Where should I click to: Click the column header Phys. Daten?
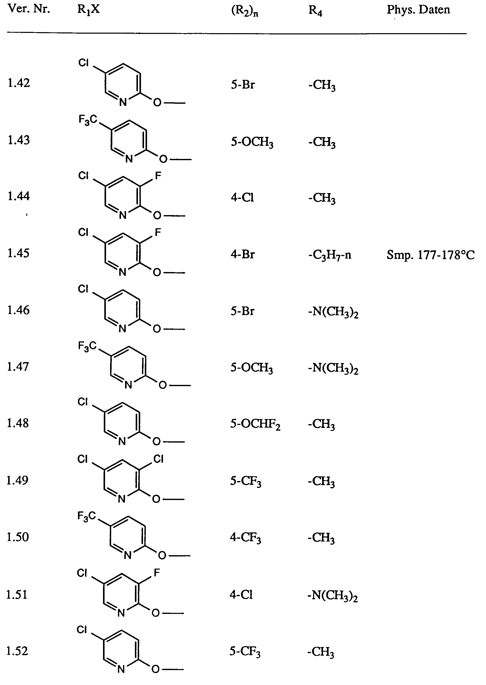coord(418,10)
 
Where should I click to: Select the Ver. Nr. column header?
coord(29,9)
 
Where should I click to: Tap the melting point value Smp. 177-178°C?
coord(430,255)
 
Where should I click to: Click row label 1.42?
coord(18,83)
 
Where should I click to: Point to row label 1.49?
coord(17,480)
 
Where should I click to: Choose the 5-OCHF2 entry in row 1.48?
coord(255,424)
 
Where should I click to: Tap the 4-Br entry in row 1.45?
coord(242,254)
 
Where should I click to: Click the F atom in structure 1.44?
coord(158,176)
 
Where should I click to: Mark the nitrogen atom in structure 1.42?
coord(123,102)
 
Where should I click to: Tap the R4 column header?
coord(315,10)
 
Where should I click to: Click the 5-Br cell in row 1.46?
coord(242,311)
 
